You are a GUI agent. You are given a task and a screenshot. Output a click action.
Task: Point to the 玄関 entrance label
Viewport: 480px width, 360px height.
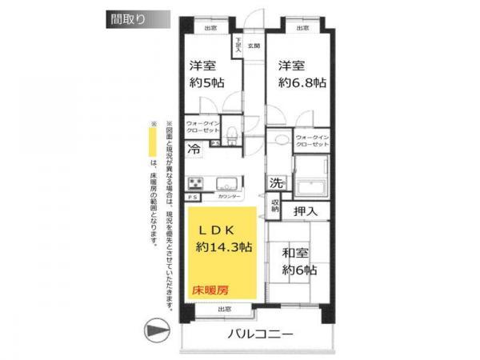coord(253,46)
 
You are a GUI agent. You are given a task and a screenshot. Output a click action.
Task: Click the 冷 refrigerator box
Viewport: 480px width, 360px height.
coord(194,148)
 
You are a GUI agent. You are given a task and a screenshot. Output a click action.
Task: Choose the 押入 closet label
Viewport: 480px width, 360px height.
coord(306,211)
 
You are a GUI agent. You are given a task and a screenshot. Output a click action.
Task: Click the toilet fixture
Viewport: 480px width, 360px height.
coord(231,133)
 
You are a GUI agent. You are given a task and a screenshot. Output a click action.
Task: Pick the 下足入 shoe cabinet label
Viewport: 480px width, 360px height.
coord(238,45)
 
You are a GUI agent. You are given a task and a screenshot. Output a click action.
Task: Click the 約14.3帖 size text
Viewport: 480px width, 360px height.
coord(224,248)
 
